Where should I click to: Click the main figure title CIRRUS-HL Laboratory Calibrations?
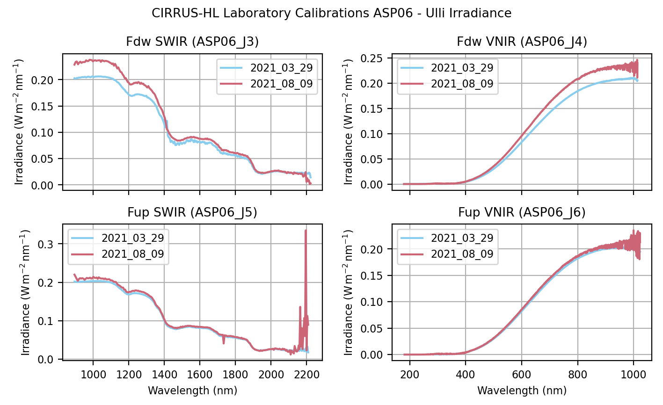(x=331, y=13)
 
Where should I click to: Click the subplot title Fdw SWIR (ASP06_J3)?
(x=192, y=42)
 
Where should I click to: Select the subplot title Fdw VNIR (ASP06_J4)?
(x=522, y=42)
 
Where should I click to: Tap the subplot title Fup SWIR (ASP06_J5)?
(x=192, y=213)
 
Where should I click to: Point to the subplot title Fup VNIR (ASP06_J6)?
(x=522, y=213)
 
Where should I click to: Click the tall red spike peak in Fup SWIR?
(x=306, y=230)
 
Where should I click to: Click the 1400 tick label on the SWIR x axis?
(x=164, y=374)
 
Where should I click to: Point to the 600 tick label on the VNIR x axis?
(x=522, y=374)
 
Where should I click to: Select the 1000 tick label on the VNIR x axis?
(x=633, y=374)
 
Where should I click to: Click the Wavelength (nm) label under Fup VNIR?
(x=522, y=391)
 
